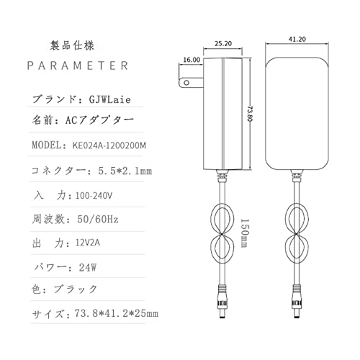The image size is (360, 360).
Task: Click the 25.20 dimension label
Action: tap(223, 43)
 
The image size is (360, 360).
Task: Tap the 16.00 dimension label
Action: tap(192, 60)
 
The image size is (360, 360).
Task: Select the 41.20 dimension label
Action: tap(297, 39)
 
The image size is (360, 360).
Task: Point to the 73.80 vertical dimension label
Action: tap(251, 114)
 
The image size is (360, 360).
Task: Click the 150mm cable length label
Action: tap(244, 233)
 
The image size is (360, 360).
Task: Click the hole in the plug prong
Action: tap(186, 83)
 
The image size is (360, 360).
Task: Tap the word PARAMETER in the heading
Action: tap(78, 66)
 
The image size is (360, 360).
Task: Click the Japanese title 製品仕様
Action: tap(72, 45)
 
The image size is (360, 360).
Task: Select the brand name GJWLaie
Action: tap(110, 99)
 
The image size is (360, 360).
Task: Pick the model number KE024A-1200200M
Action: tap(109, 145)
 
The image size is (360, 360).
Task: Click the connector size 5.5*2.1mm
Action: tap(125, 171)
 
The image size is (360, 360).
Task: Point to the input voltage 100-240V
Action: tap(94, 196)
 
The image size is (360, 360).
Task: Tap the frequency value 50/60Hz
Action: tap(98, 219)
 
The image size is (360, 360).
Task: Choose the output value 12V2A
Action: tap(88, 243)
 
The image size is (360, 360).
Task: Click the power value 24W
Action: tap(88, 267)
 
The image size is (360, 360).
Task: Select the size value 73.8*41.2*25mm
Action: tap(117, 313)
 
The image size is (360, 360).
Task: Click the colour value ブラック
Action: tap(76, 289)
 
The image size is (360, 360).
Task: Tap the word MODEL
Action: tap(47, 145)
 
